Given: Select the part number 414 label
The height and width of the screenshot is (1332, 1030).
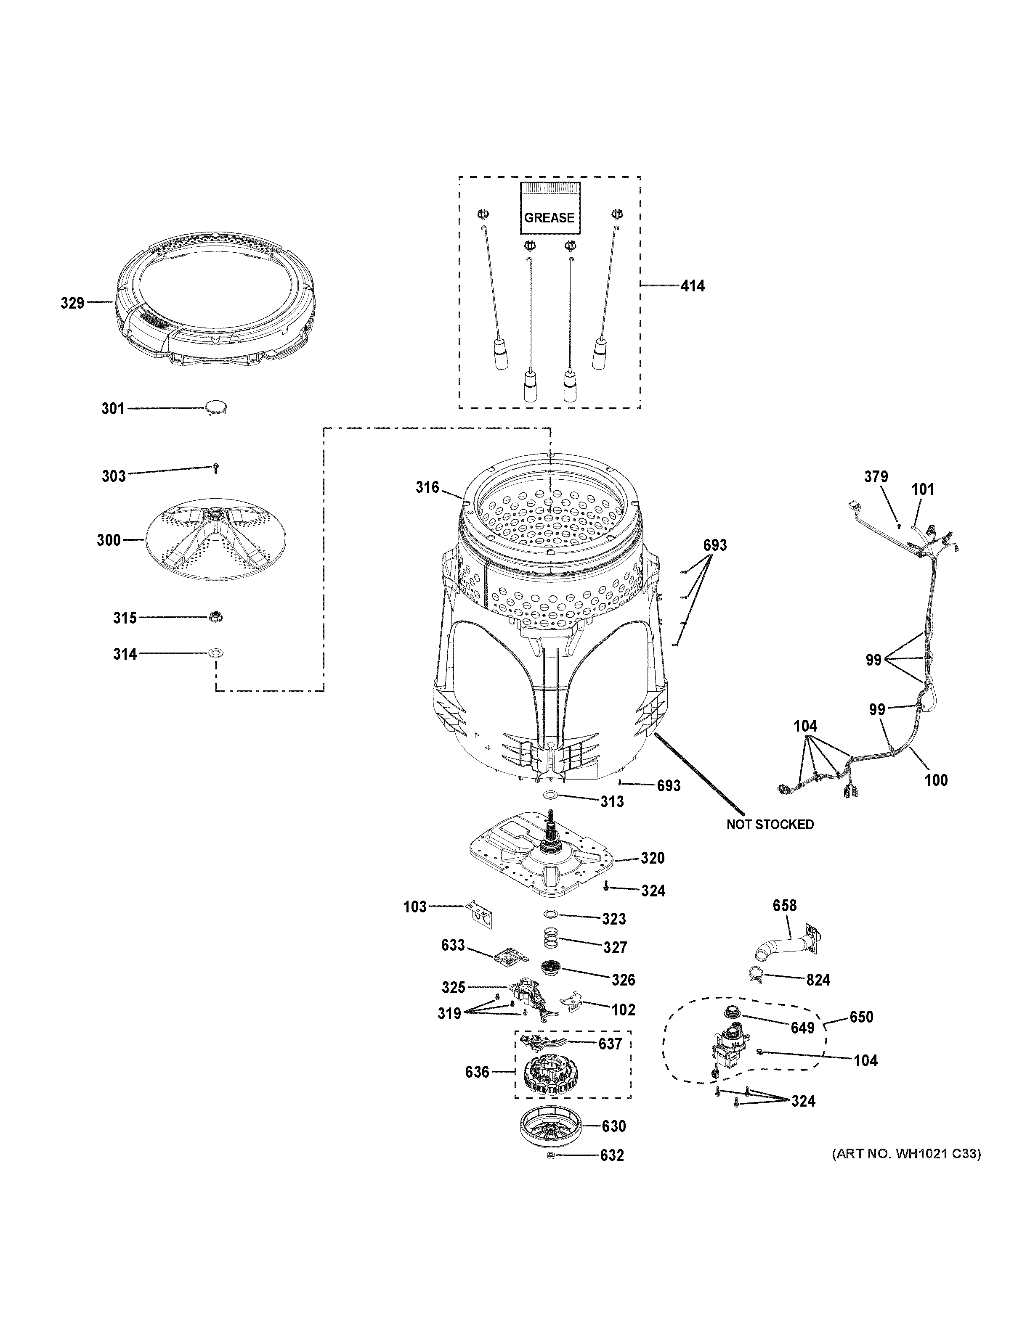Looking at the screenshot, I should pos(693,285).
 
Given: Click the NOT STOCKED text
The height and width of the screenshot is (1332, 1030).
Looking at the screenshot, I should pos(770,825).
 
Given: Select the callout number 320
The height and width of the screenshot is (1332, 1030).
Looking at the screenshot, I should pos(652,858).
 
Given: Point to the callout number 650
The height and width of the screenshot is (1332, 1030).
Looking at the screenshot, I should pos(860,1017).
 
